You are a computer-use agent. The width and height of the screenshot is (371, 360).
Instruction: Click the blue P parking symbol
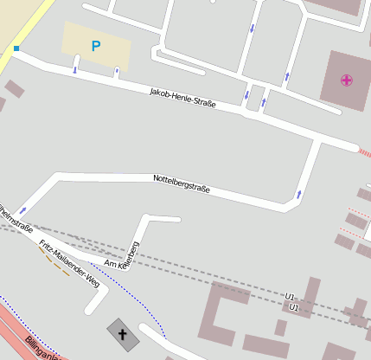pyautogui.click(x=95, y=47)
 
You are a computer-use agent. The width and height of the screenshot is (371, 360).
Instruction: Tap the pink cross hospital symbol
pyautogui.click(x=347, y=80)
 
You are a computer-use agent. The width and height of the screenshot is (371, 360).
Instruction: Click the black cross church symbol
pyautogui.click(x=122, y=333)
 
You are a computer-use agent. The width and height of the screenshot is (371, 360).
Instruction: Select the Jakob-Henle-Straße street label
pyautogui.click(x=182, y=97)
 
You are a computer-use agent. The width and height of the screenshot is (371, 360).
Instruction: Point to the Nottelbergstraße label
pyautogui.click(x=181, y=183)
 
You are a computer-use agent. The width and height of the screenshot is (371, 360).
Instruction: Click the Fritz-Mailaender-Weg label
pyautogui.click(x=70, y=256)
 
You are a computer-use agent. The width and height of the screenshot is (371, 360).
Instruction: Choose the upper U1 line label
pyautogui.click(x=291, y=297)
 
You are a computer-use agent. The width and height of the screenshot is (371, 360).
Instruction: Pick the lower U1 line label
pyautogui.click(x=294, y=307)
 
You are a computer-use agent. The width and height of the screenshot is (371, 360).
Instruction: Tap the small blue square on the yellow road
pyautogui.click(x=16, y=48)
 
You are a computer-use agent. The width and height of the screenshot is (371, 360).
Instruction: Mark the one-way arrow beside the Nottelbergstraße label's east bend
pyautogui.click(x=299, y=193)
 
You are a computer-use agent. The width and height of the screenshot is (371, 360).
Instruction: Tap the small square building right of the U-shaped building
pyautogui.click(x=281, y=327)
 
